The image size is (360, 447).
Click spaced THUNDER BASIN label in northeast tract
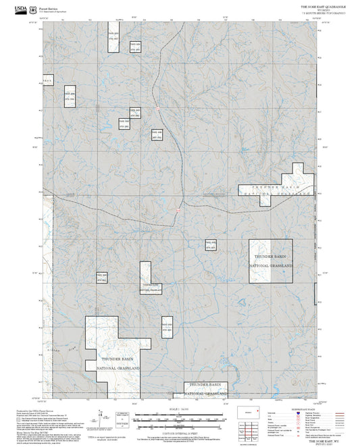coord(274,186)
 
